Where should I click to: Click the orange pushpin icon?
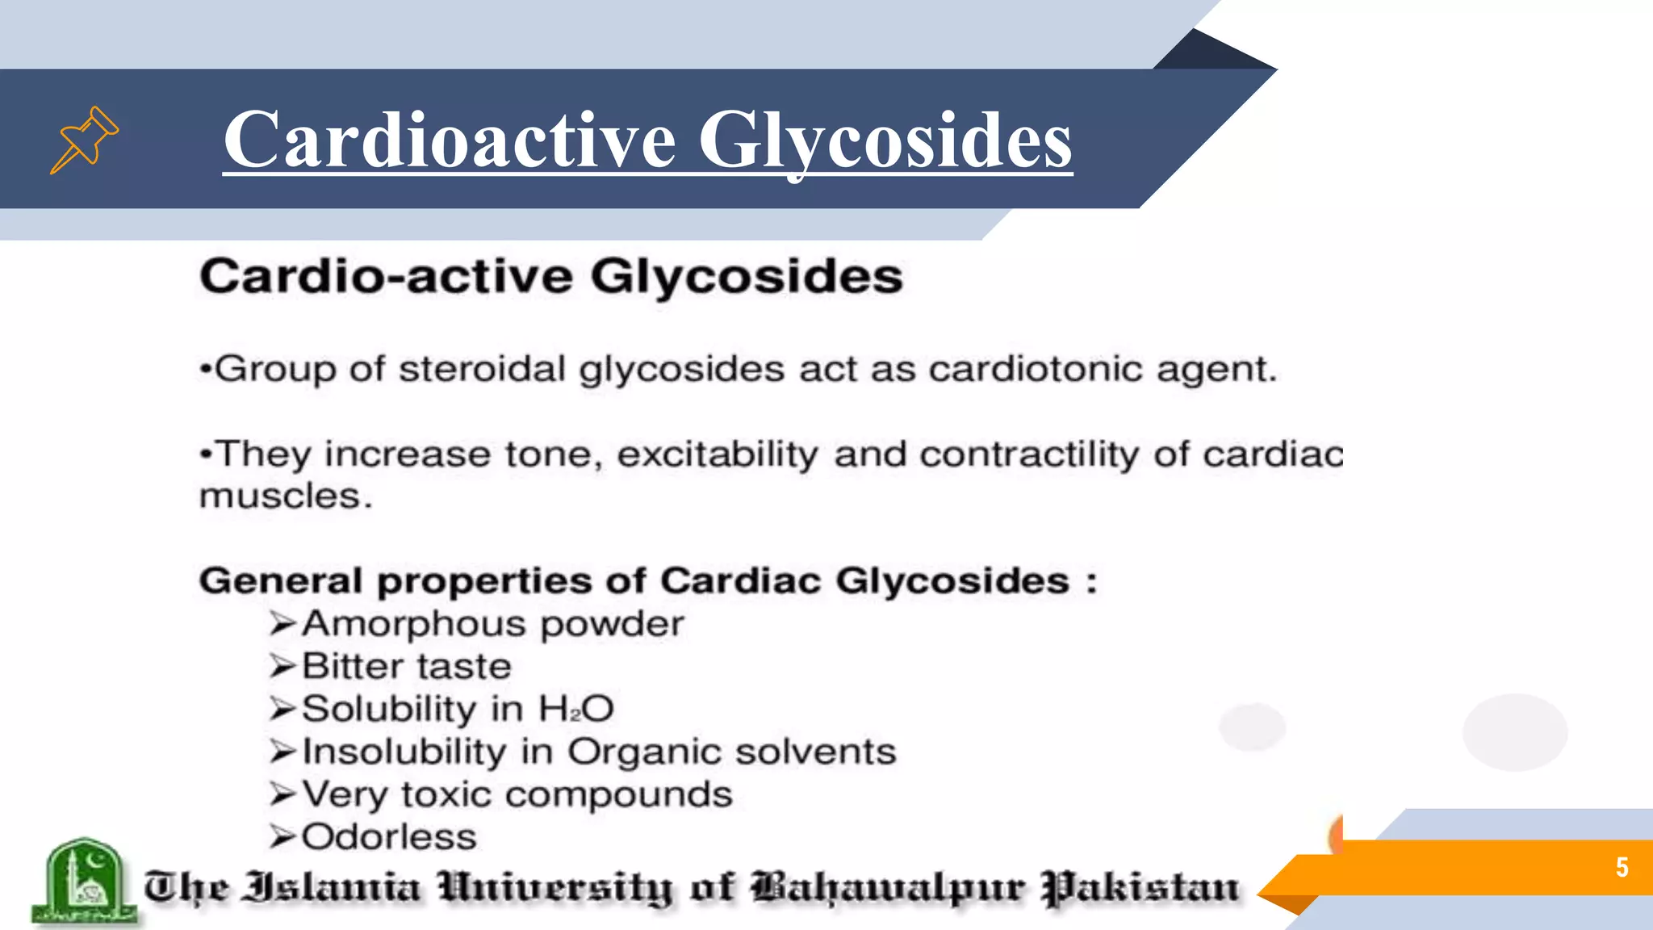[84, 139]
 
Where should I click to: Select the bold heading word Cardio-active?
[387, 276]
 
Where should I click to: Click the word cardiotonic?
[1036, 369]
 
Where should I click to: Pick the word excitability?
[718, 454]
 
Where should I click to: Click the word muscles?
[285, 496]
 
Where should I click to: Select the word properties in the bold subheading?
[483, 581]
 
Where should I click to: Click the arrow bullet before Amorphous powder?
[283, 624]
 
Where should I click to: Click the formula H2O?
[576, 709]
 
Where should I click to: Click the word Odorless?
[389, 837]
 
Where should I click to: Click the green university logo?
[83, 882]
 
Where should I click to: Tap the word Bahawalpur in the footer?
[888, 888]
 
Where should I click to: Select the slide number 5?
[1622, 867]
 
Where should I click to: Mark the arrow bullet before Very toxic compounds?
[283, 794]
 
